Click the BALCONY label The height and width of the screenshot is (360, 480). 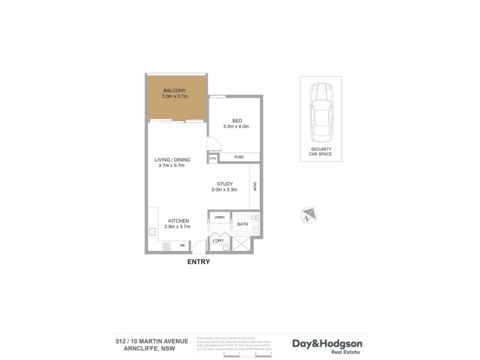pos(176,91)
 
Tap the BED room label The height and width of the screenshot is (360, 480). pos(236,120)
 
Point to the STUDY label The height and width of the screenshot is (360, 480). pos(225,184)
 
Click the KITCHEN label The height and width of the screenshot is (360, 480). pos(179,221)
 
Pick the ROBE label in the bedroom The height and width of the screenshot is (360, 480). pos(238,158)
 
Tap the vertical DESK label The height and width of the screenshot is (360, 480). pos(255,187)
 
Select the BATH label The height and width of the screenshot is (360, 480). pos(242,225)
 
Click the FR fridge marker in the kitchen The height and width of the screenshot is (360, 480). pos(183,245)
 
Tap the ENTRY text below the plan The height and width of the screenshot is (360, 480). pos(199,262)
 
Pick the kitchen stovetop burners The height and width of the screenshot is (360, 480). pos(166,245)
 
